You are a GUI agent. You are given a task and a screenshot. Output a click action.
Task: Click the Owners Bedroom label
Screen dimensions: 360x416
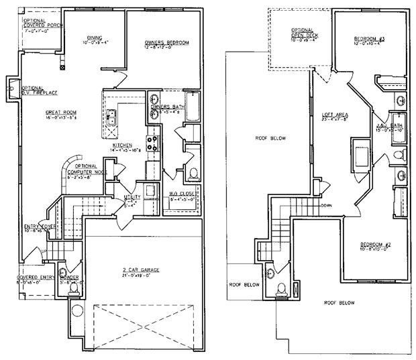pos(167,42)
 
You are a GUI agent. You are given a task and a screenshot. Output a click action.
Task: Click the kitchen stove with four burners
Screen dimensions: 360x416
pos(152,143)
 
